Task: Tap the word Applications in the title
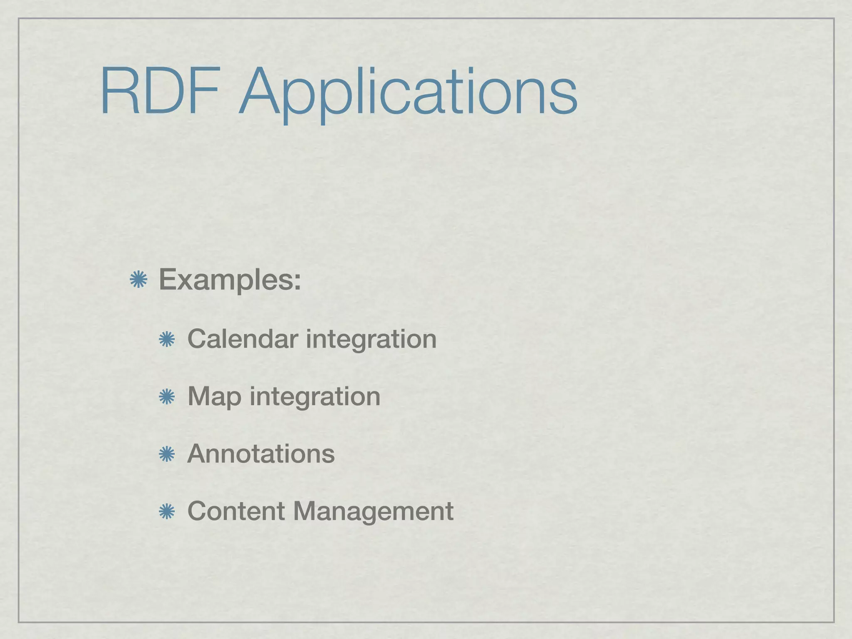click(408, 94)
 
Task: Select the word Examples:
click(230, 280)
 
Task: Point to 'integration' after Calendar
click(371, 339)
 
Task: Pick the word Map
click(214, 397)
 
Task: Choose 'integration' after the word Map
click(315, 397)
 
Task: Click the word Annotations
click(261, 453)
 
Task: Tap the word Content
click(236, 511)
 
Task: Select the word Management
click(373, 512)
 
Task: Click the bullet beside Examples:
click(139, 280)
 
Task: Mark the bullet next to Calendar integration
click(167, 339)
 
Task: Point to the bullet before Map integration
click(167, 397)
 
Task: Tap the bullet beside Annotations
click(167, 454)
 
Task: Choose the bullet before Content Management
click(167, 511)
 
